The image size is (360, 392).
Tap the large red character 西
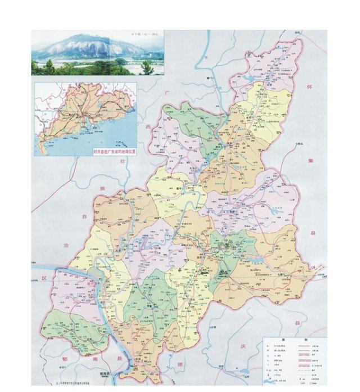pos(149,128)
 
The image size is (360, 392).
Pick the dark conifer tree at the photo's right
pos(147,67)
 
